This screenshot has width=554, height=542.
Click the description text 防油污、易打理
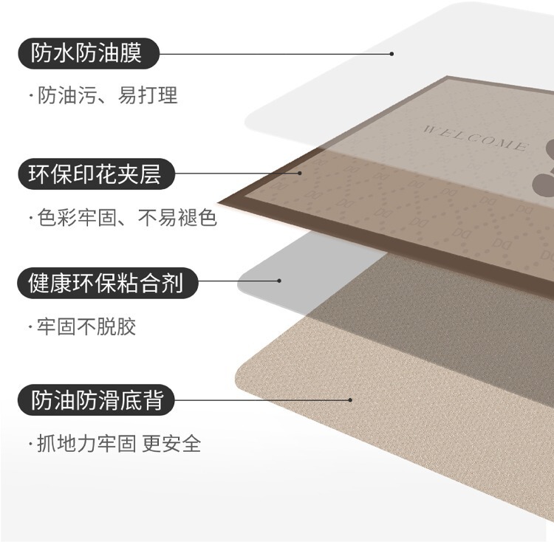(x=106, y=96)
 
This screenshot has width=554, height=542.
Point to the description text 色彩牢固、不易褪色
(x=126, y=218)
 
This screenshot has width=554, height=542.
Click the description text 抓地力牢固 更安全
(x=118, y=444)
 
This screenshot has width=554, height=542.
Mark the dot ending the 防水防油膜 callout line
(x=392, y=53)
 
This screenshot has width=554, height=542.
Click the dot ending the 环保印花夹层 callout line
(x=301, y=174)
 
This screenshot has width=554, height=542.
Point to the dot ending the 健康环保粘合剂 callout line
(x=279, y=281)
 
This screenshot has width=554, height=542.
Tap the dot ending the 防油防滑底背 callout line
(x=350, y=400)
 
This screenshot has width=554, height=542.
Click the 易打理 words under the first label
(x=148, y=96)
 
